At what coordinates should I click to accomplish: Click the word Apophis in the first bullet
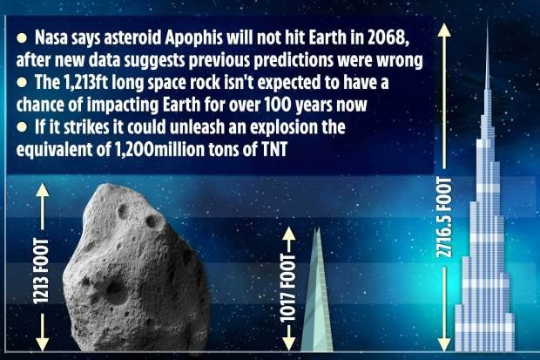pyautogui.click(x=193, y=38)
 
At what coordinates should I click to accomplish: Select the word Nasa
pyautogui.click(x=50, y=37)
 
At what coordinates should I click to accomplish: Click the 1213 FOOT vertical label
pyautogui.click(x=42, y=271)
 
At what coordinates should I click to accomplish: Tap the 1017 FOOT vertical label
pyautogui.click(x=288, y=288)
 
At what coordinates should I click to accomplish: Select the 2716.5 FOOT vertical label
pyautogui.click(x=444, y=217)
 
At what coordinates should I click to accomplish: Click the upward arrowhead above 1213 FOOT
pyautogui.click(x=43, y=190)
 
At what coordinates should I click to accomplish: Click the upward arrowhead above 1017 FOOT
pyautogui.click(x=288, y=234)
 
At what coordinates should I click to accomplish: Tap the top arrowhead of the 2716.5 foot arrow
pyautogui.click(x=444, y=30)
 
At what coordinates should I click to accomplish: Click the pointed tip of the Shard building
pyautogui.click(x=317, y=228)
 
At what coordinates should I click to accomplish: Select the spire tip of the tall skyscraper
pyautogui.click(x=488, y=22)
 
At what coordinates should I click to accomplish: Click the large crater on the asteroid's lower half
pyautogui.click(x=116, y=291)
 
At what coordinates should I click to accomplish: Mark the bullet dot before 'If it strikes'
pyautogui.click(x=22, y=127)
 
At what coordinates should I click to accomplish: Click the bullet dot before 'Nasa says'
pyautogui.click(x=22, y=38)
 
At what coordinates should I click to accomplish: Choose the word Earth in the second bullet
pyautogui.click(x=182, y=105)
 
